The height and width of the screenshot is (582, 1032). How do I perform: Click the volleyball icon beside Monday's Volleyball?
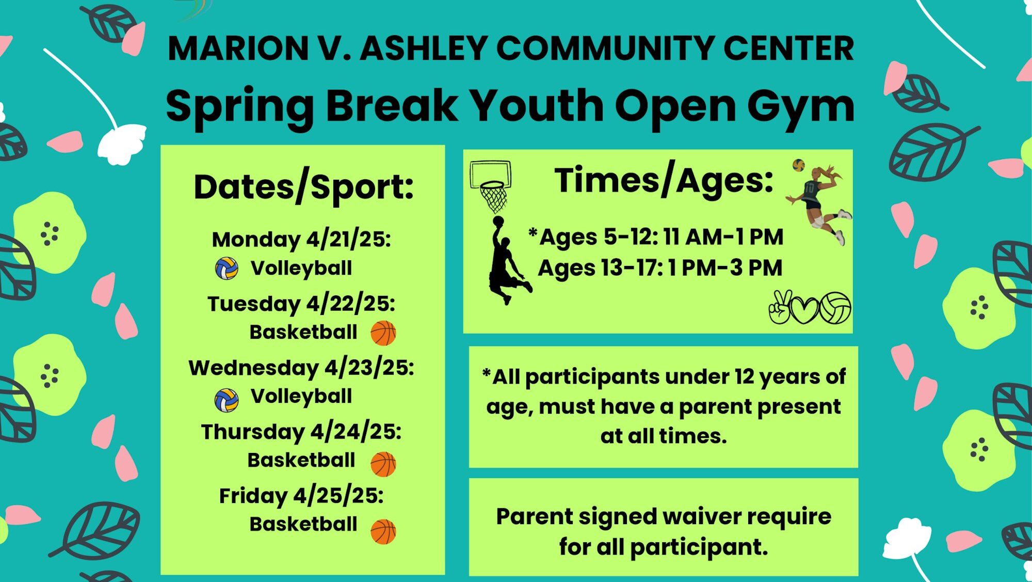click(x=227, y=269)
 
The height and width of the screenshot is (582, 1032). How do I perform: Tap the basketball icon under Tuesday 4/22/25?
click(x=383, y=333)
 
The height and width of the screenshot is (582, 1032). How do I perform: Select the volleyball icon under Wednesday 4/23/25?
click(x=227, y=400)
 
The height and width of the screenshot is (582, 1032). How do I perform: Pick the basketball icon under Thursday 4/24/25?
click(x=383, y=464)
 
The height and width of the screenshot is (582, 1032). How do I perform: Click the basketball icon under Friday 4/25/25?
click(x=383, y=532)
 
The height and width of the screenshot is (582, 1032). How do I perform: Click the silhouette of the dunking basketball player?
click(x=508, y=260)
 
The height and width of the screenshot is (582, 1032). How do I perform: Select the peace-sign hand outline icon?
click(x=779, y=307)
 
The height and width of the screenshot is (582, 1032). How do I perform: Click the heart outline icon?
click(x=804, y=310)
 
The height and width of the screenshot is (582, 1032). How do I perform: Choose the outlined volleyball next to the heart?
click(x=835, y=308)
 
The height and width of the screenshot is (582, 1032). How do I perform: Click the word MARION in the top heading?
click(x=238, y=49)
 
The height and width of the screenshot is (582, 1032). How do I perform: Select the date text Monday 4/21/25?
click(x=301, y=240)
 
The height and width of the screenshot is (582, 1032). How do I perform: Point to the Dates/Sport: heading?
click(x=303, y=187)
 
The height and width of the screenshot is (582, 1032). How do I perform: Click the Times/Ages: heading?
click(x=664, y=181)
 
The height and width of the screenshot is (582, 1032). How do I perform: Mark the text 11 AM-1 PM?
click(x=723, y=237)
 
